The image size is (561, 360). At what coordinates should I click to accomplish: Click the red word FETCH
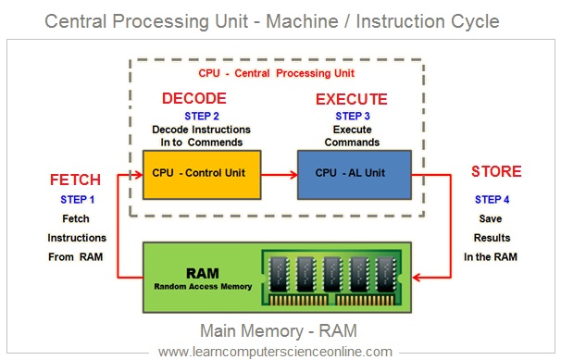(x=75, y=180)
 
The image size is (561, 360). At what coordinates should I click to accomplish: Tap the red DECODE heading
(x=193, y=98)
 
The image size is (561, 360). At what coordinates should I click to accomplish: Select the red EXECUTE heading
(x=352, y=99)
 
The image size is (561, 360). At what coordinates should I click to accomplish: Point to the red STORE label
(x=496, y=171)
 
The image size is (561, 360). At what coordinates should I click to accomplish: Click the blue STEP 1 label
(x=77, y=200)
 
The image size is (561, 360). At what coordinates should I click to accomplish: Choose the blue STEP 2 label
(x=202, y=117)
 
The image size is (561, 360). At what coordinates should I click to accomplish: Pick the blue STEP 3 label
(x=353, y=117)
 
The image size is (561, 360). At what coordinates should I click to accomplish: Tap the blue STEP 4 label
(x=492, y=200)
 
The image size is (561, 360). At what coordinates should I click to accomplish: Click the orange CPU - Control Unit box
(x=202, y=175)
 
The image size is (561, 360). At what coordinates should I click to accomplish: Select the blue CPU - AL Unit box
(x=355, y=175)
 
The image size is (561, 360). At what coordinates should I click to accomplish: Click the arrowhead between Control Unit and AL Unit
(x=293, y=175)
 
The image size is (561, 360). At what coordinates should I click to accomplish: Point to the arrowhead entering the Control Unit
(x=139, y=175)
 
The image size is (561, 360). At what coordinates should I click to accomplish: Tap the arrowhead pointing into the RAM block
(x=416, y=277)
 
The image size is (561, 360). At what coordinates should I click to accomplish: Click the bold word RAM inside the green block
(x=203, y=274)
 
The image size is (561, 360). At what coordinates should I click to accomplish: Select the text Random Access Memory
(x=203, y=286)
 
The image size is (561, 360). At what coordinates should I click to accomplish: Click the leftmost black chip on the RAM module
(x=279, y=274)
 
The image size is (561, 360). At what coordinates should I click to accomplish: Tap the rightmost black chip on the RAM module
(x=386, y=274)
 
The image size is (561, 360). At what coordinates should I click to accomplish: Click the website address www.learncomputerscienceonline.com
(x=275, y=352)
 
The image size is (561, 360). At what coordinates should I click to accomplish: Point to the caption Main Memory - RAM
(x=279, y=330)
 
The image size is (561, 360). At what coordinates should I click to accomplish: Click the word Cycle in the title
(x=475, y=21)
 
